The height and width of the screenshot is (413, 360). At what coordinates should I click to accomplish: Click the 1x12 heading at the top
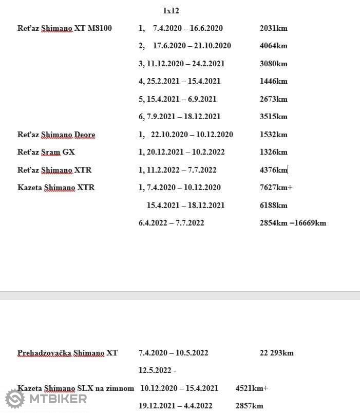(170, 10)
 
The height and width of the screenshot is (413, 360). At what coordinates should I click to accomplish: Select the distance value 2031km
(273, 28)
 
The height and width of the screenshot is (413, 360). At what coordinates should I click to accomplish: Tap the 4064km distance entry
(273, 46)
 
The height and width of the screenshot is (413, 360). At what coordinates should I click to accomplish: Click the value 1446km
(273, 81)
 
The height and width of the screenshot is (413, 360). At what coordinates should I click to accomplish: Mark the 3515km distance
(273, 117)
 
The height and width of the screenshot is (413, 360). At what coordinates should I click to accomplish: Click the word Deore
(85, 135)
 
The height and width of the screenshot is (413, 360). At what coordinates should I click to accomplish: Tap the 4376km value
(273, 170)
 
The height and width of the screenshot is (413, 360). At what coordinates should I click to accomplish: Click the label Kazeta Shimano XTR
(56, 187)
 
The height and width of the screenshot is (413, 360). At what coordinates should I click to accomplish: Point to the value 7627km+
(276, 187)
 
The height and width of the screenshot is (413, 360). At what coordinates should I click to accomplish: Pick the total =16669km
(308, 223)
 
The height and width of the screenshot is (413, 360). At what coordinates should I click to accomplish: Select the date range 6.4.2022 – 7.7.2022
(171, 223)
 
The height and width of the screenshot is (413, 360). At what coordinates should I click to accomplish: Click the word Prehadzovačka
(44, 353)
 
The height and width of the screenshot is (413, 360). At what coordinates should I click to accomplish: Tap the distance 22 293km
(276, 353)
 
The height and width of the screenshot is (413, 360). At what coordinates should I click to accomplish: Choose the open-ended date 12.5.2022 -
(157, 370)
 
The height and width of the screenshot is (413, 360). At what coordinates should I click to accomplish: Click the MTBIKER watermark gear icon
(15, 399)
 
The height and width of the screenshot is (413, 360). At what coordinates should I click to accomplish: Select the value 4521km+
(252, 388)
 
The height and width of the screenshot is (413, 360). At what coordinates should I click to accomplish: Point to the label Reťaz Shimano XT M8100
(65, 28)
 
